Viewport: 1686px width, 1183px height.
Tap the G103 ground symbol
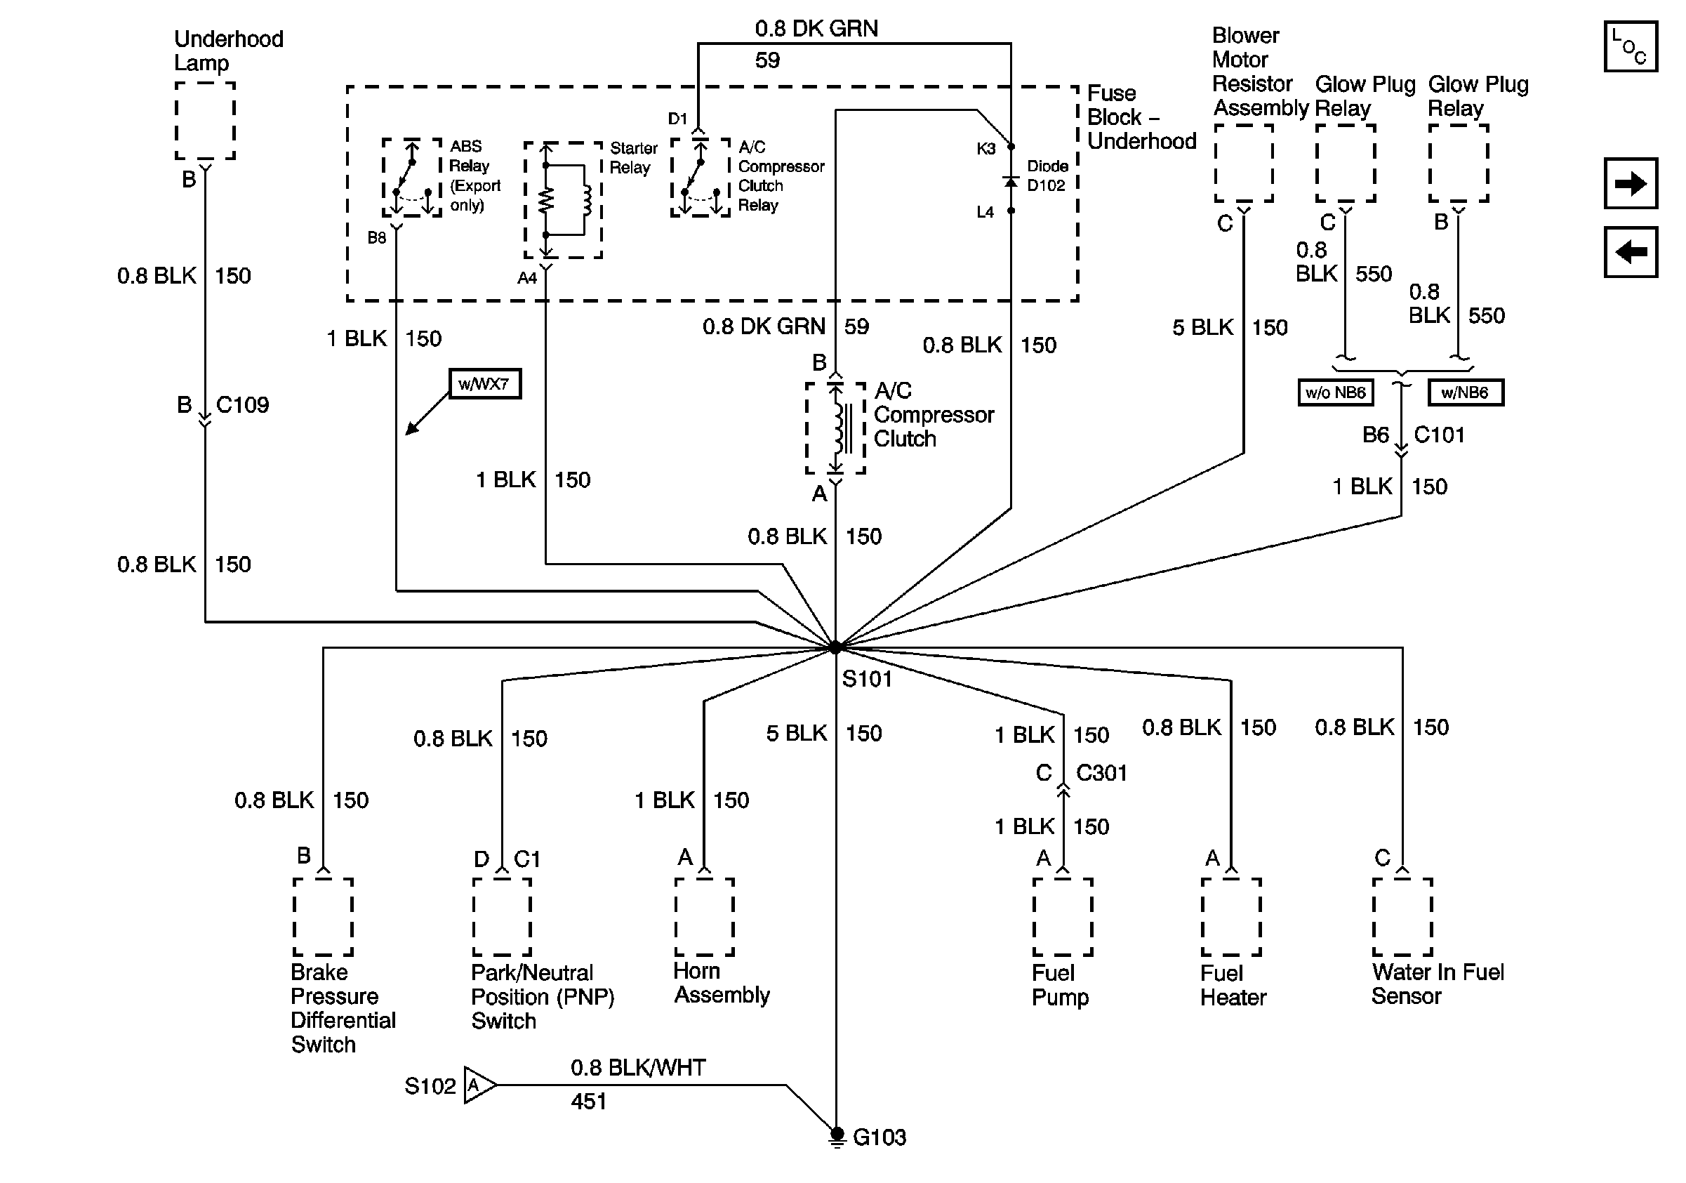[x=837, y=1136]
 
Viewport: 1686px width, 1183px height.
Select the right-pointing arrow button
[x=1630, y=183]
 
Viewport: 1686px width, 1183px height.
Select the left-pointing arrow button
[x=1630, y=253]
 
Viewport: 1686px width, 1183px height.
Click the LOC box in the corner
[x=1630, y=47]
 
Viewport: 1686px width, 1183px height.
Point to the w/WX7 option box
[x=484, y=384]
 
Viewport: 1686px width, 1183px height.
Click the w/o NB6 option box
[x=1335, y=393]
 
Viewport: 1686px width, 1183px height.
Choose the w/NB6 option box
[x=1465, y=393]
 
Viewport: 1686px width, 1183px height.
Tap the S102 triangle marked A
[x=479, y=1085]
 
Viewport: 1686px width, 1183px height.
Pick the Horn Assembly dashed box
[x=704, y=917]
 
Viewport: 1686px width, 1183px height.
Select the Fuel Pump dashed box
[x=1063, y=917]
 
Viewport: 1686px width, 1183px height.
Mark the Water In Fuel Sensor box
[x=1402, y=917]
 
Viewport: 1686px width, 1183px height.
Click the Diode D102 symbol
[x=1011, y=180]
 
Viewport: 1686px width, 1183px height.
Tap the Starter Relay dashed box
[x=563, y=199]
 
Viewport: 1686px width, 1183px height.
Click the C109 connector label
[x=242, y=404]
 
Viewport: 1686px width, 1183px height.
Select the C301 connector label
[x=1101, y=772]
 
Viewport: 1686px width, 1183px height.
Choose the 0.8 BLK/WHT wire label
[x=638, y=1068]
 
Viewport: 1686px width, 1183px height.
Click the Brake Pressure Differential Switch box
[x=323, y=917]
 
